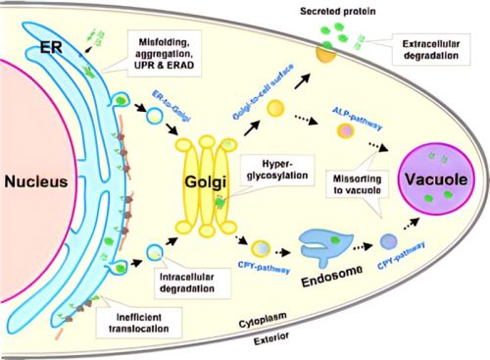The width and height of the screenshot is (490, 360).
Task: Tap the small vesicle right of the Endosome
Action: point(390,267)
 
